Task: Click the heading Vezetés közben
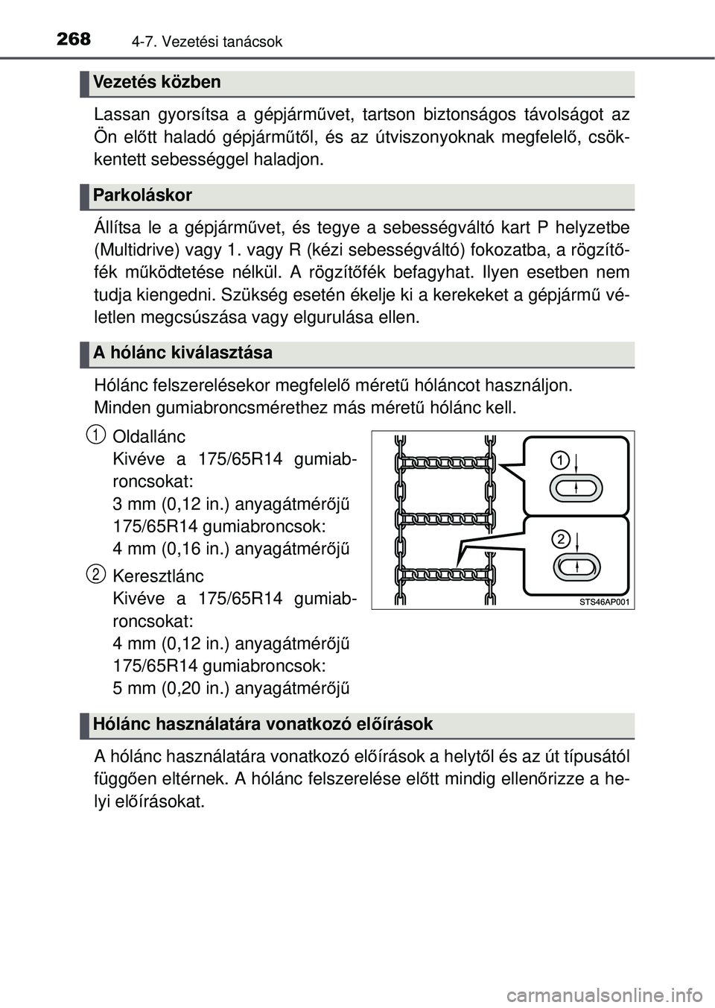[x=158, y=82]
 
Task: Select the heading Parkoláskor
[x=143, y=195]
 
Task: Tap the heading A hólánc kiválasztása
[x=183, y=353]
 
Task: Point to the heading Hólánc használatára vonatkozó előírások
[x=263, y=724]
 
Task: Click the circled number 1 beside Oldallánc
[x=95, y=432]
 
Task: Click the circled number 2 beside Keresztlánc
[x=95, y=573]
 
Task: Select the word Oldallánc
[x=149, y=436]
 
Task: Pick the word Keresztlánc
[x=157, y=576]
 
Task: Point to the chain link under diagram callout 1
[x=577, y=488]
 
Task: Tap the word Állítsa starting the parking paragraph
[x=118, y=227]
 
